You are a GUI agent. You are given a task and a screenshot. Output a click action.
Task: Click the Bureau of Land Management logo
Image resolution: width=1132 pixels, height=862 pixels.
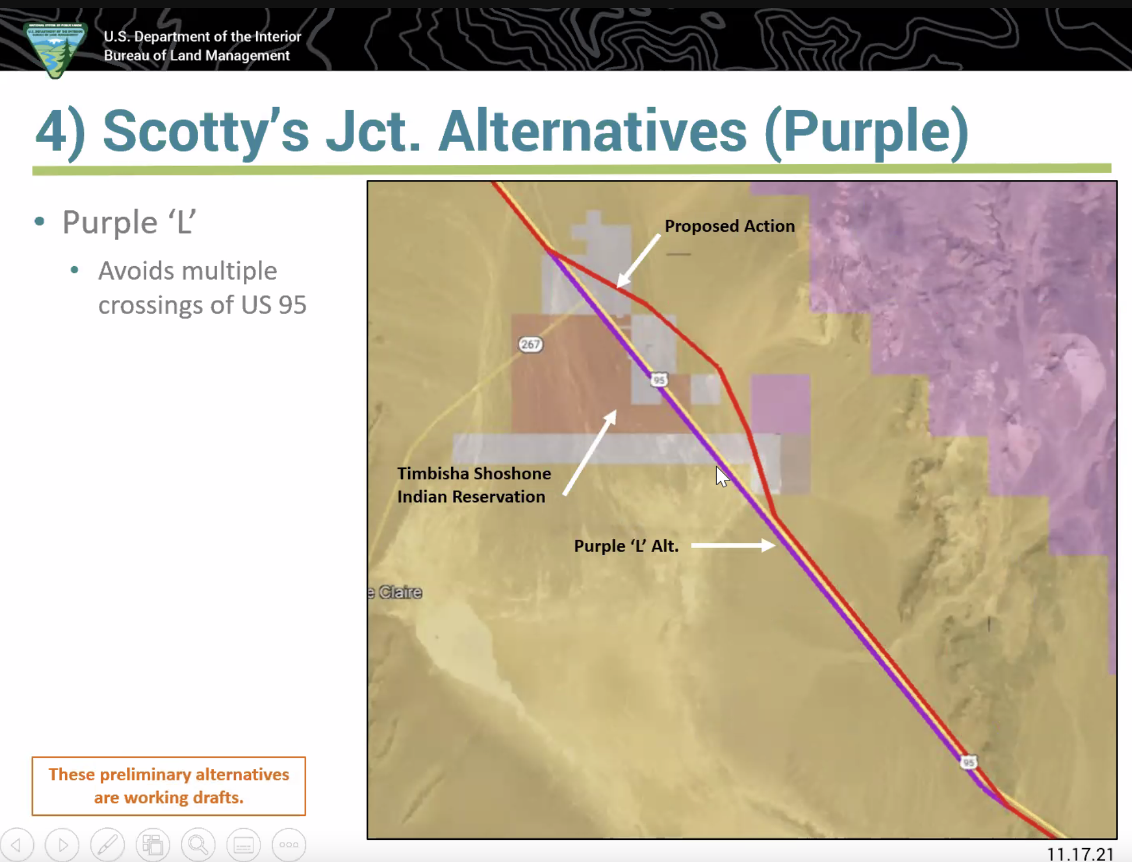click(x=55, y=50)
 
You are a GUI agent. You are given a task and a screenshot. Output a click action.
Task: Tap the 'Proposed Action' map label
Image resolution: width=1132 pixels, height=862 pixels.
click(x=730, y=226)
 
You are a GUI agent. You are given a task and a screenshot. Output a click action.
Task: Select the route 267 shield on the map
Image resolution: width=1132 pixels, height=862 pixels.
click(x=530, y=344)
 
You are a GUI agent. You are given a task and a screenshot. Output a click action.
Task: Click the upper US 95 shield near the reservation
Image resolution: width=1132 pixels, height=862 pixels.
click(x=659, y=380)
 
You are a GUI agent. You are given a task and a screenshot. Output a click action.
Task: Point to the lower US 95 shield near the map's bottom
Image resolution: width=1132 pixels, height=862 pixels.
click(x=968, y=762)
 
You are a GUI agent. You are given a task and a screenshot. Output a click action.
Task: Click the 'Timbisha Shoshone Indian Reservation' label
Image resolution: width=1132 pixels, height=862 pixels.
click(x=474, y=485)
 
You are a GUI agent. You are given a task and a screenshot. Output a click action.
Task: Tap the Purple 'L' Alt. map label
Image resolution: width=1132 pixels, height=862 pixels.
click(x=626, y=546)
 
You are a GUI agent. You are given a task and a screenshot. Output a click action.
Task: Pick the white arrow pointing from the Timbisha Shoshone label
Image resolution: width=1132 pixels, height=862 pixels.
click(x=589, y=453)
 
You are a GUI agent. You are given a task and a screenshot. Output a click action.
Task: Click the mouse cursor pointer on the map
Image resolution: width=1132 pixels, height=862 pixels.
click(x=721, y=476)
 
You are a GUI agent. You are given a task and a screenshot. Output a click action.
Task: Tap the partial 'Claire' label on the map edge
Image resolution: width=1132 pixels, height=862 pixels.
click(x=395, y=592)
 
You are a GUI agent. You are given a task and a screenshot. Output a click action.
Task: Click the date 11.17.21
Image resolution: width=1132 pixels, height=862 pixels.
click(x=1080, y=854)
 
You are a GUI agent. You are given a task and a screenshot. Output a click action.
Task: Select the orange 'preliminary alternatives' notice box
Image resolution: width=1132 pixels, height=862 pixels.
click(x=169, y=786)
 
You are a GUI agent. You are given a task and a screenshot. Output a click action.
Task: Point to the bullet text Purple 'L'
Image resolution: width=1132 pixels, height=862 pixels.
click(x=129, y=222)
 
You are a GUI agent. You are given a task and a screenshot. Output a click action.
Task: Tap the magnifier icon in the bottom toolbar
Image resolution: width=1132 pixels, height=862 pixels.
click(x=198, y=844)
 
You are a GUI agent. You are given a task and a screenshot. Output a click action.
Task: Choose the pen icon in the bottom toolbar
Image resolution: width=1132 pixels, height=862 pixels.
click(x=107, y=844)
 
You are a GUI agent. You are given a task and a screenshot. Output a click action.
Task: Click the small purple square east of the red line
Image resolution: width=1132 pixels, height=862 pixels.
click(x=780, y=404)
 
